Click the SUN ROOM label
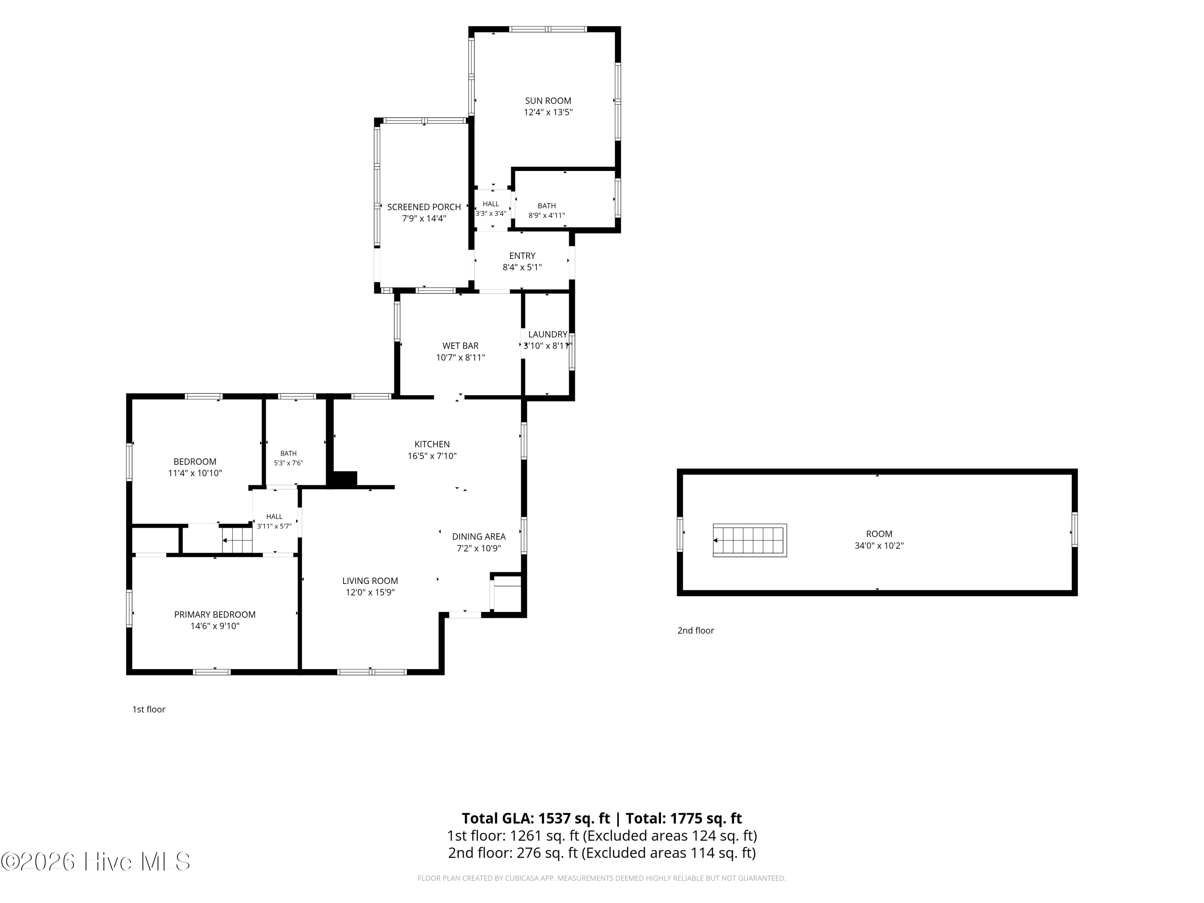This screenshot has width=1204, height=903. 547,101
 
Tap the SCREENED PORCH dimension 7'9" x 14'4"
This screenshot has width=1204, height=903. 424,219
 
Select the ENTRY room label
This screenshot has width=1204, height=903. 522,256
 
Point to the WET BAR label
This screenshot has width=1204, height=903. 460,346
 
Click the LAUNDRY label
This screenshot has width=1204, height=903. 547,334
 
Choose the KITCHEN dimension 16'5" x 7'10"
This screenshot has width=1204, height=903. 432,456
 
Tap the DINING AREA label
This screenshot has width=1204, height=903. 479,537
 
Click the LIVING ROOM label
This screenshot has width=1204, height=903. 370,581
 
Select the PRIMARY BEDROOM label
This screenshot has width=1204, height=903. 215,614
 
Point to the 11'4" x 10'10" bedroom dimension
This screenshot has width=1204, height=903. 195,474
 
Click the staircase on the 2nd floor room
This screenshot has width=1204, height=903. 750,541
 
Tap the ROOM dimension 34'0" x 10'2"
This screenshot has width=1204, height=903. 879,546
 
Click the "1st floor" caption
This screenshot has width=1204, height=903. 148,709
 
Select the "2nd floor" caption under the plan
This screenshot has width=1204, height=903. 696,630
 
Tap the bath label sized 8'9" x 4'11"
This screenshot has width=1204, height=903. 547,206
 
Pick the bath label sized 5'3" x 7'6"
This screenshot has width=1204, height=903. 289,454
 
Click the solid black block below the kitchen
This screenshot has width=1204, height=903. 343,479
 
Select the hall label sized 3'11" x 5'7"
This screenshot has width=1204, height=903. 275,517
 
